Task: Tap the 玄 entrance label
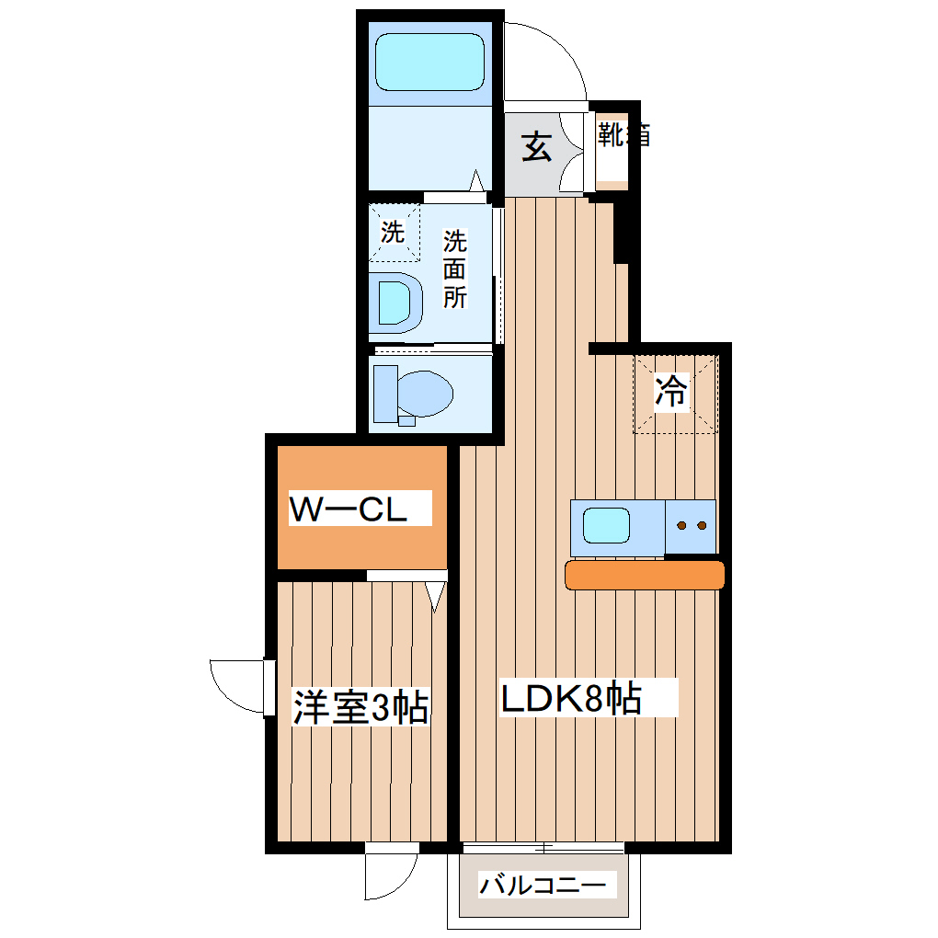coord(538,147)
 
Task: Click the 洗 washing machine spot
coord(394,233)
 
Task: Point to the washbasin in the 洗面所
coord(396,302)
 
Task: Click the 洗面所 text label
coord(455,269)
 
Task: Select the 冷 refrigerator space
coord(672,393)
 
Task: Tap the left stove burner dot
coord(682,526)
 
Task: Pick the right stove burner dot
coord(701,526)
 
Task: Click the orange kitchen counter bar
coord(645,575)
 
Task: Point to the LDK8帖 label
coord(571,700)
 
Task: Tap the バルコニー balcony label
coord(543,887)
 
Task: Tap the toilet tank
coord(385,393)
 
